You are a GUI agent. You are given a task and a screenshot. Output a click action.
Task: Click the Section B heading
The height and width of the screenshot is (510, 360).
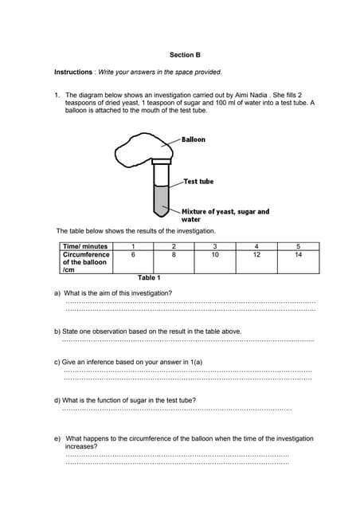click(185, 55)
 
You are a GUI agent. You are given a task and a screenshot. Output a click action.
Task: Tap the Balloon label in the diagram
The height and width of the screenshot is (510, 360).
click(194, 139)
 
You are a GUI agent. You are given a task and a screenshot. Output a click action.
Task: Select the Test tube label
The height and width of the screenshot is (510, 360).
click(198, 182)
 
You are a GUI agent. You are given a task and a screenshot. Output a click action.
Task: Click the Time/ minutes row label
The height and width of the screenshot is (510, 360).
click(85, 246)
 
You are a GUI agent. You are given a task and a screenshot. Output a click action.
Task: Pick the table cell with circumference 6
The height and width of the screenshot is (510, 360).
click(132, 254)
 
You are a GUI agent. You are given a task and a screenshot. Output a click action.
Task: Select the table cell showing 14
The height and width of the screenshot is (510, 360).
click(298, 254)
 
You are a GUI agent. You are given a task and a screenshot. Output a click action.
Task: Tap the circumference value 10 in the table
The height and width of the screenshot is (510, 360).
click(215, 254)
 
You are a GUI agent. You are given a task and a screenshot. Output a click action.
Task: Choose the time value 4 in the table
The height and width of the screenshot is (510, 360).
click(256, 246)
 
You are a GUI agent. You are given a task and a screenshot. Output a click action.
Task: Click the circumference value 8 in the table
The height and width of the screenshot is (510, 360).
click(174, 254)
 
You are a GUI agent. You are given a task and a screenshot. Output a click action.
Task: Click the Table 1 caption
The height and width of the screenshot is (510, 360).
click(149, 277)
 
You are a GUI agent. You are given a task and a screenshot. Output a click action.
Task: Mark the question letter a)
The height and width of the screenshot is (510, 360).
click(57, 292)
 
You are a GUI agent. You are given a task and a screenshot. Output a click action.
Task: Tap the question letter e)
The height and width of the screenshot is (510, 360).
click(57, 438)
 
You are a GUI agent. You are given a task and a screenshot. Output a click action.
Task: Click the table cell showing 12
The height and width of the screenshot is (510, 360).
click(256, 254)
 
